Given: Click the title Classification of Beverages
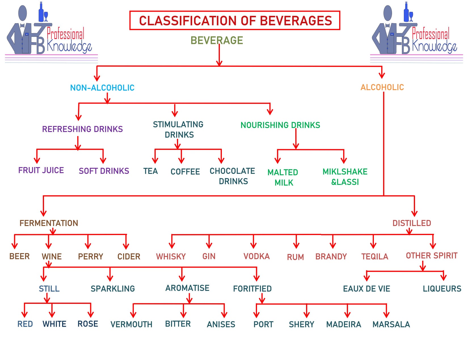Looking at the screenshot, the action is click(x=235, y=21).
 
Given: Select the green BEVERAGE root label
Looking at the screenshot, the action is click(x=217, y=40).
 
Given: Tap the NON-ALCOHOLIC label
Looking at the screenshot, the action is click(x=102, y=88).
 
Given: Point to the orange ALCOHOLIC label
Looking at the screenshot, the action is click(x=382, y=87).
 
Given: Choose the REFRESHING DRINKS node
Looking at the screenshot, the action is click(x=83, y=129).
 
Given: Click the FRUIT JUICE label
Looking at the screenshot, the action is click(x=41, y=170).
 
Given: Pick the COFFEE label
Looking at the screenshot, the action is click(x=185, y=172).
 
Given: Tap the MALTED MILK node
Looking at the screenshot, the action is click(x=283, y=177).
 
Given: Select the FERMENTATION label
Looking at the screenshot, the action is click(x=49, y=223).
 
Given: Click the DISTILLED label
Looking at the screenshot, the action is click(x=412, y=223).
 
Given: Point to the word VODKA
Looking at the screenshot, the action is click(x=257, y=256).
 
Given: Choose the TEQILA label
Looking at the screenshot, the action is click(x=375, y=257).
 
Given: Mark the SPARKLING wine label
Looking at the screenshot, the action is click(x=113, y=289).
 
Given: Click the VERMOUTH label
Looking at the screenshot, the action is click(x=131, y=324).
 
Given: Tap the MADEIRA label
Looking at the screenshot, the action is click(x=344, y=324).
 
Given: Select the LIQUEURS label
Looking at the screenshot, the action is click(x=442, y=289).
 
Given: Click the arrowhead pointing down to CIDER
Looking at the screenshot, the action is click(x=126, y=246).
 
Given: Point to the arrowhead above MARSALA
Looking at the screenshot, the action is click(x=386, y=314).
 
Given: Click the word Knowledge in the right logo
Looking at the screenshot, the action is click(x=435, y=46).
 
